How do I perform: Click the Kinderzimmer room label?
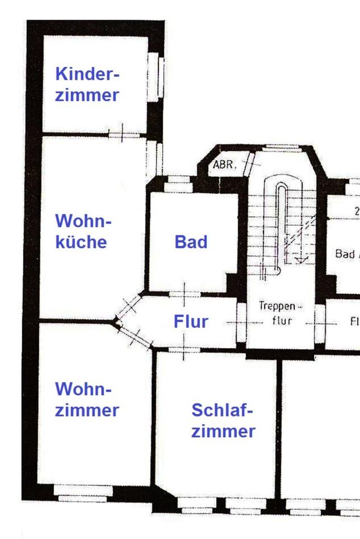[x=87, y=84]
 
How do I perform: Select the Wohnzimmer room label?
[x=87, y=399]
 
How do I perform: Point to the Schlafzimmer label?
[x=223, y=421]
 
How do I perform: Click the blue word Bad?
[x=191, y=242]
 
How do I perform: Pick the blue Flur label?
[x=191, y=322]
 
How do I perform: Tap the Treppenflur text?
[x=280, y=314]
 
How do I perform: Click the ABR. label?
[x=225, y=166]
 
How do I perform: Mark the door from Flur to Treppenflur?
[x=241, y=322]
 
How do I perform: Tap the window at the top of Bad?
[x=180, y=182]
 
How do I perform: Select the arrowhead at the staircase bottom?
[x=298, y=259]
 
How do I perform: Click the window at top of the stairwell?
[x=281, y=148]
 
